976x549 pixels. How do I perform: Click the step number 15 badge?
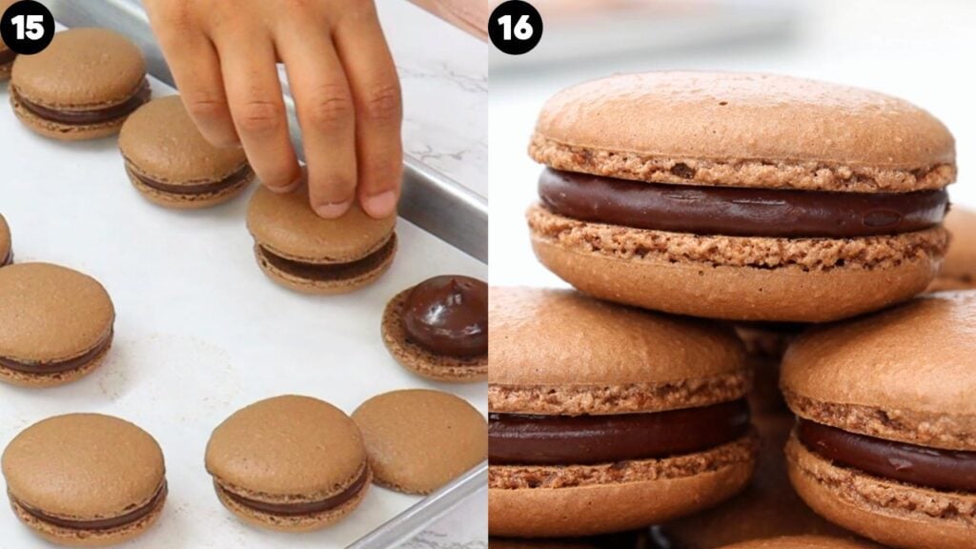point(27,27)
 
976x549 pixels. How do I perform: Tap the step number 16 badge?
point(515,27)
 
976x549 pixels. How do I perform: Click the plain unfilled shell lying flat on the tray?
point(419,440)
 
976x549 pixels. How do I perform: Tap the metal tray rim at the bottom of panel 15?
point(419,519)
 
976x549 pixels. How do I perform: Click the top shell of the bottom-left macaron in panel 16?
point(610,343)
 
